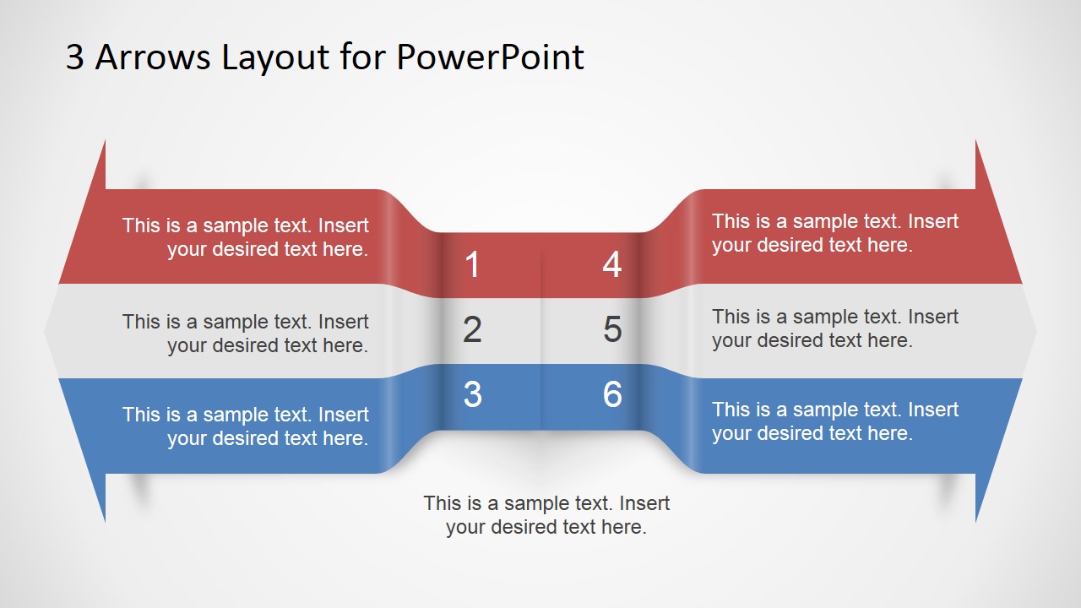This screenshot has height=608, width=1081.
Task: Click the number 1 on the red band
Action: [x=472, y=265]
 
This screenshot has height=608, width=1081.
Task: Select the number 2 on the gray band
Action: [x=472, y=329]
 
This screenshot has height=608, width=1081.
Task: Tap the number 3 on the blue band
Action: [x=472, y=394]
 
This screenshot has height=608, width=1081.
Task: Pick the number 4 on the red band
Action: [x=612, y=265]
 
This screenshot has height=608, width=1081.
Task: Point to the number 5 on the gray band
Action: [x=612, y=329]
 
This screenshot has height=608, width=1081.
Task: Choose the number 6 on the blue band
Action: [x=612, y=394]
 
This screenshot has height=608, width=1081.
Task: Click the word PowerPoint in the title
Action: [x=490, y=57]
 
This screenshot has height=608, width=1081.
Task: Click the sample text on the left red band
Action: [x=245, y=237]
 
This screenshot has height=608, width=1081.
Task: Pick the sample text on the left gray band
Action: [x=245, y=334]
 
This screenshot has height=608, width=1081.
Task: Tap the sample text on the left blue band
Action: [x=245, y=426]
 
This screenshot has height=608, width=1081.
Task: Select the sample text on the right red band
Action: [x=835, y=233]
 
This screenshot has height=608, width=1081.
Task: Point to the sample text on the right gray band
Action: [x=835, y=328]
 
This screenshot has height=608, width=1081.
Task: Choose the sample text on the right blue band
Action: [x=835, y=421]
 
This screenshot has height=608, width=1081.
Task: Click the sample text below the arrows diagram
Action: [x=546, y=515]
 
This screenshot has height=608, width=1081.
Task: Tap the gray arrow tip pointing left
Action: [x=52, y=331]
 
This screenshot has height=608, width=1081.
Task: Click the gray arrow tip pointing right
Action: [x=1029, y=331]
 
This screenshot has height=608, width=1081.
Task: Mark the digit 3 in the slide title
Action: [x=75, y=57]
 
